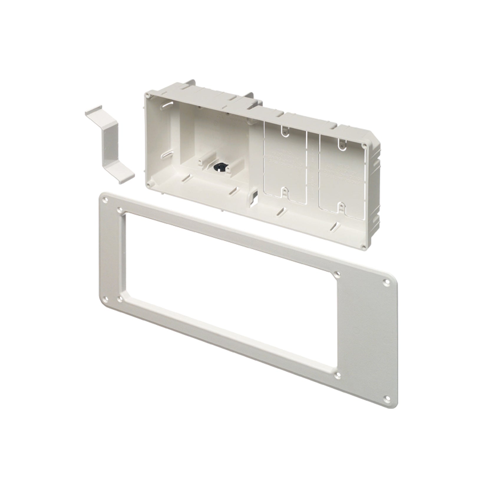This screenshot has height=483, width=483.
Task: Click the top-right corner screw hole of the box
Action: [x=365, y=145]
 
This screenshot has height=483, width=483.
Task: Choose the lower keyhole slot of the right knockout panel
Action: [x=341, y=207]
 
